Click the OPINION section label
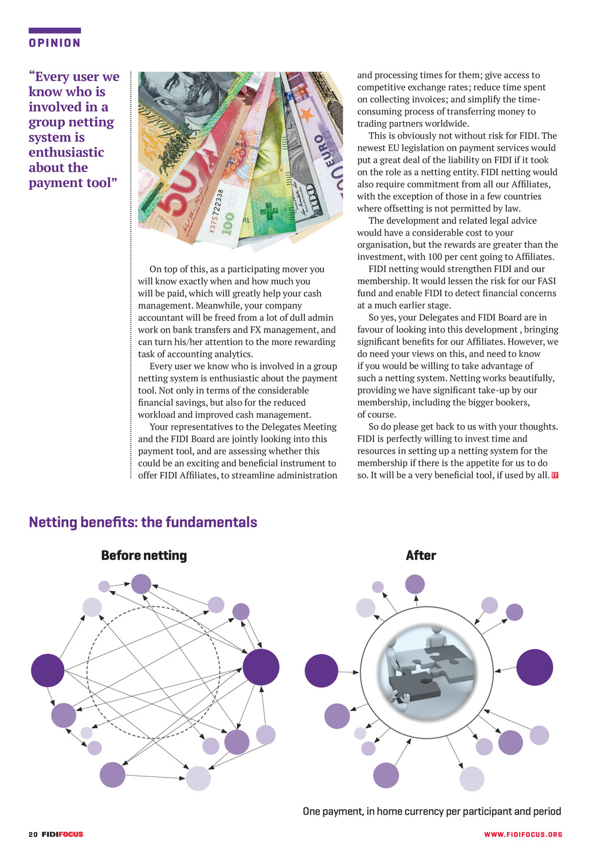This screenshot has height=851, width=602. click(55, 43)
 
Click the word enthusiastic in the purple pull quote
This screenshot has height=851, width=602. click(66, 153)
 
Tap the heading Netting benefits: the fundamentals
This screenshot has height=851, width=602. click(143, 522)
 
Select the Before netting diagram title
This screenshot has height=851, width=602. click(144, 556)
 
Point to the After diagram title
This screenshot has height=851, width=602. click(421, 556)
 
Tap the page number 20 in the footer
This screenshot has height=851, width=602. click(33, 835)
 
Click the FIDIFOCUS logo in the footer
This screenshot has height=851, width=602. click(62, 835)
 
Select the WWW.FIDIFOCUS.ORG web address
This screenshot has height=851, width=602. click(523, 835)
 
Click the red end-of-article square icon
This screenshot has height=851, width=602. click(555, 475)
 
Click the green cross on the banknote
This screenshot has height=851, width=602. click(269, 212)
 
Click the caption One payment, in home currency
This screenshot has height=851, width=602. click(432, 812)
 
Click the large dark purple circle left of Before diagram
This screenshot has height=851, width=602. click(48, 671)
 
